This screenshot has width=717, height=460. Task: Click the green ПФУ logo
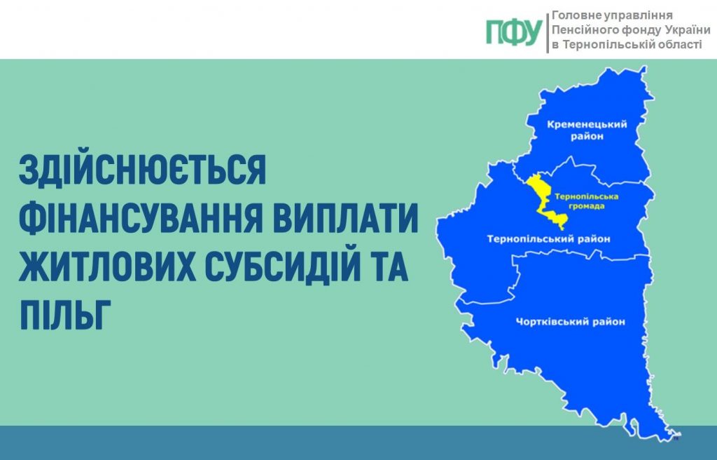[x=514, y=32]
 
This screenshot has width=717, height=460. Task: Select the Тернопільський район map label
[x=549, y=239]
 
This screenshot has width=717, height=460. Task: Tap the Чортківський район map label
[x=570, y=322]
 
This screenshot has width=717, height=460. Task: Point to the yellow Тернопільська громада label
[x=578, y=202]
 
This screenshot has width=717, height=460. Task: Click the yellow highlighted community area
[x=539, y=191]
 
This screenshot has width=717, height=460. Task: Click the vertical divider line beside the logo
[x=548, y=32]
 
